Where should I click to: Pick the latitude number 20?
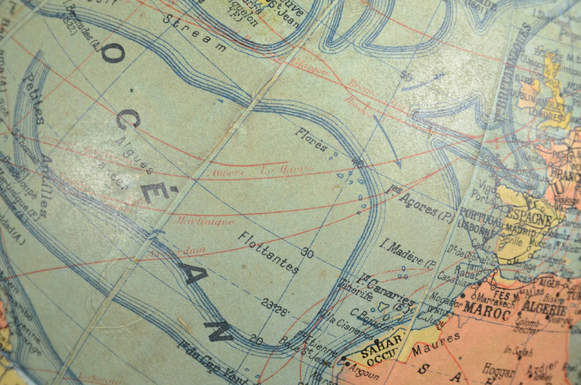[x=256, y=340]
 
